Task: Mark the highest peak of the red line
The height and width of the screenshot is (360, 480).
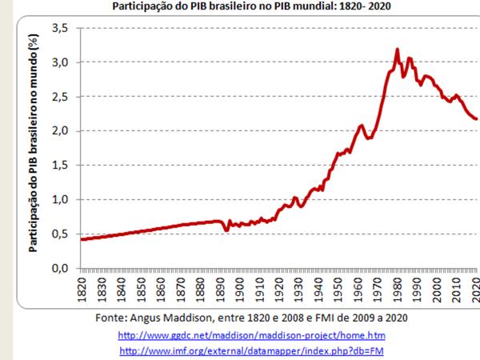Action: [x=397, y=50]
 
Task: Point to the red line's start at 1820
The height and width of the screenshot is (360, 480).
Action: [x=82, y=239]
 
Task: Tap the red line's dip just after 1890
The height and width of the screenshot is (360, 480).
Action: [x=226, y=230]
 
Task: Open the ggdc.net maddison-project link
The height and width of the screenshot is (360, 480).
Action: [x=251, y=334]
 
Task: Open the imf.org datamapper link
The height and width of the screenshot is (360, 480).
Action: [x=251, y=351]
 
